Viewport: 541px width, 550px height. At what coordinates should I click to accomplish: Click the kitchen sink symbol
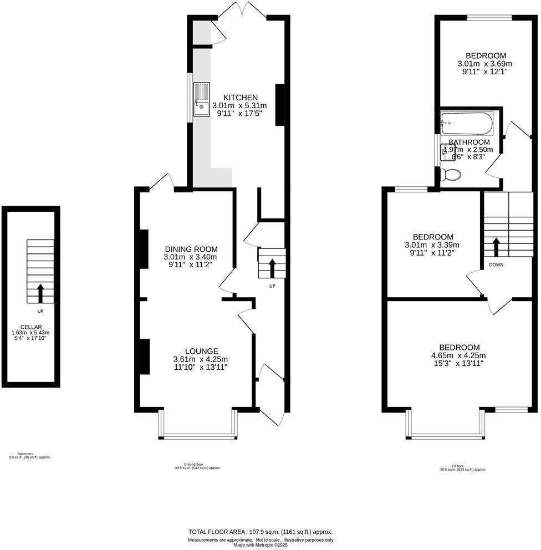tap(202, 100)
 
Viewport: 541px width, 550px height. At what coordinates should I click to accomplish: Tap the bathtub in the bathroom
tap(466, 123)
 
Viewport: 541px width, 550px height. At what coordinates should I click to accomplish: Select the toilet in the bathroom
tap(450, 175)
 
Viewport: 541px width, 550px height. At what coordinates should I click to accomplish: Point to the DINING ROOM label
tap(191, 249)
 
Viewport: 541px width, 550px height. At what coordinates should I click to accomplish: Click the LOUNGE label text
tap(201, 351)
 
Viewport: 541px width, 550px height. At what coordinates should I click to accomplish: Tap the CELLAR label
tap(30, 327)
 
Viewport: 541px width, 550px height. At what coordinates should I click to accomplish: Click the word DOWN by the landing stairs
tap(496, 265)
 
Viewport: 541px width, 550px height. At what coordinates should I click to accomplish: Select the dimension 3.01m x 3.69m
tap(485, 63)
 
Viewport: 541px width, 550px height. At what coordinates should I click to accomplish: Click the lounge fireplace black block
tap(144, 356)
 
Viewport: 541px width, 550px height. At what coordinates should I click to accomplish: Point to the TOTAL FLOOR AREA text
tap(261, 531)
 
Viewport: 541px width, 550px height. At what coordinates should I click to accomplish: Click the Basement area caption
tap(29, 455)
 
